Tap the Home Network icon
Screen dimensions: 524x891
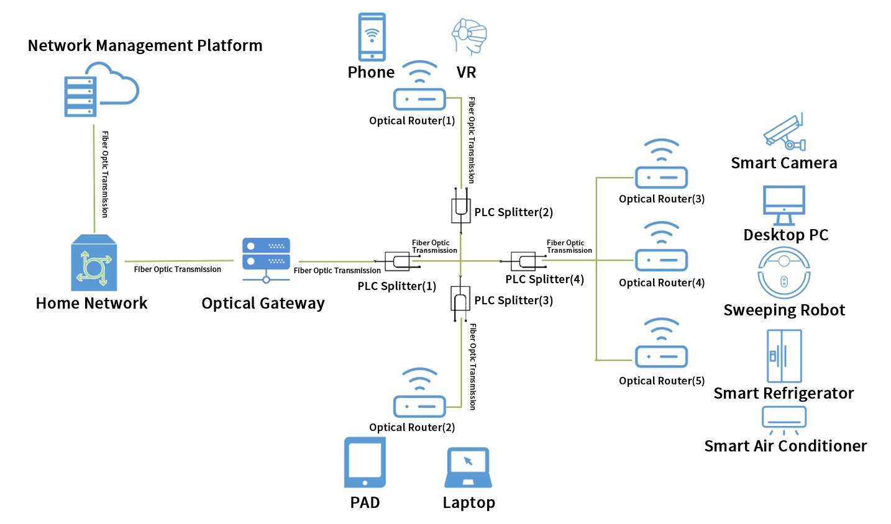(94, 263)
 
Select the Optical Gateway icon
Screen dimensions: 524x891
(266, 259)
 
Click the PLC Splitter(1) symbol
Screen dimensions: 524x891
(398, 261)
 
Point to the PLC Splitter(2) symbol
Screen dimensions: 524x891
(460, 209)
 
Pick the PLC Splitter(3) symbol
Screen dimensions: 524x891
(460, 299)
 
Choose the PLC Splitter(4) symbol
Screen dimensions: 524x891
(523, 261)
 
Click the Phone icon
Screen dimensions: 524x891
(372, 37)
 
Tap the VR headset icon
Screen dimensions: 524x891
(468, 36)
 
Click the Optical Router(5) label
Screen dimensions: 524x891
(662, 381)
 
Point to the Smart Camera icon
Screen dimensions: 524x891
(784, 132)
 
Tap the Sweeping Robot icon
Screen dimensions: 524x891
(784, 273)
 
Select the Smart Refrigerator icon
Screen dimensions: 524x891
(784, 356)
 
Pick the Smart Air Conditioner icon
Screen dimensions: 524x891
(784, 419)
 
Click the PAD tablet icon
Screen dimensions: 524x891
(365, 463)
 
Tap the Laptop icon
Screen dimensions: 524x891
(468, 468)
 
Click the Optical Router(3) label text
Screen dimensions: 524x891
(662, 199)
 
